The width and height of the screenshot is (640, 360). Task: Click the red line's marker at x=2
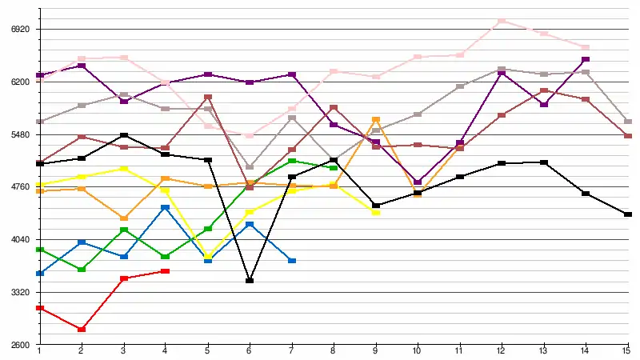click(82, 330)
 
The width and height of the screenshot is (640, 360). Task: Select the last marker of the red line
click(166, 271)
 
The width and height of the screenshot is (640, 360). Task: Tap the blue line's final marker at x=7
click(292, 261)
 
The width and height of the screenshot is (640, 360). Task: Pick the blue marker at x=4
click(166, 207)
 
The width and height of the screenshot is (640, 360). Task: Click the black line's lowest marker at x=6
click(250, 281)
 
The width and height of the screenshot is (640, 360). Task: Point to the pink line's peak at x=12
click(502, 21)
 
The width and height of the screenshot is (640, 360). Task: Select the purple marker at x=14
click(586, 59)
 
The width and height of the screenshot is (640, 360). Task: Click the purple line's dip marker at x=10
click(418, 182)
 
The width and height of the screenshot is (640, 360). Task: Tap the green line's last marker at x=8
click(334, 168)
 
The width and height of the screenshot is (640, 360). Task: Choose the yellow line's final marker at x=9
click(376, 212)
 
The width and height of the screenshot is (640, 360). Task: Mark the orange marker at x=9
click(376, 120)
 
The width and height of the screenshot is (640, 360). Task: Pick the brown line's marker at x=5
click(208, 98)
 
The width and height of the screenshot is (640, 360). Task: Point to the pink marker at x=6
click(250, 136)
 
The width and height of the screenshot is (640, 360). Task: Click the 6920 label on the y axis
click(19, 29)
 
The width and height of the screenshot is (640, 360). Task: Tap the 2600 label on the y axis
click(19, 345)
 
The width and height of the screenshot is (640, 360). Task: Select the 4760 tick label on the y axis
click(19, 187)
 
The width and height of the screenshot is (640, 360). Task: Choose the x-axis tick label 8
click(334, 352)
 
